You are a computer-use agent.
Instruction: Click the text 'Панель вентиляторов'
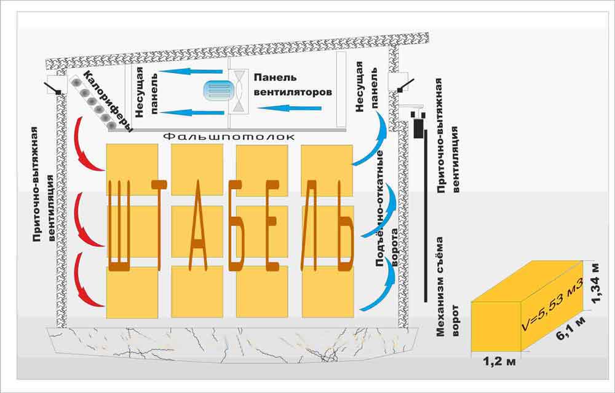point(292,85)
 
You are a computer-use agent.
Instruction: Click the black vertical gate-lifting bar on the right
point(426,215)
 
